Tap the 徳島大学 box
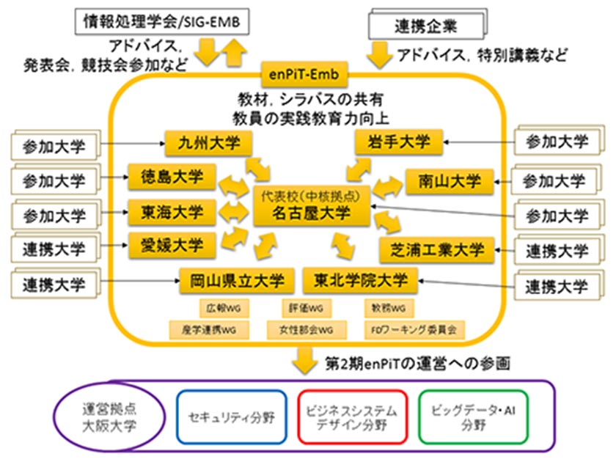tap(171, 177)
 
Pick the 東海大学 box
tap(171, 212)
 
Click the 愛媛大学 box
tap(171, 244)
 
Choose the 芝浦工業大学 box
tap(432, 250)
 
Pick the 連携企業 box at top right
tap(426, 27)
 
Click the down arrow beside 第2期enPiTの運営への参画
tap(302, 360)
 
